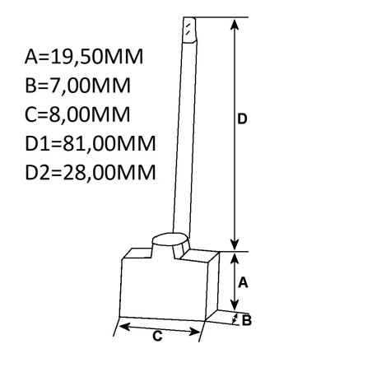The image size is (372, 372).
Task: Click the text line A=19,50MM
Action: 84,57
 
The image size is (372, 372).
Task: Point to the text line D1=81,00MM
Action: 91,144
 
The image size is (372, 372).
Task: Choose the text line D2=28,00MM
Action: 91,173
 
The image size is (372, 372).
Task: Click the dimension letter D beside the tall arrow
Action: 243,120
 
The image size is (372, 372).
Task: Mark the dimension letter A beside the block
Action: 243,282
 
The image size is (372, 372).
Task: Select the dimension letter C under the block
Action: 156,336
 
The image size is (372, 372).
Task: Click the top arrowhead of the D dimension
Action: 235,23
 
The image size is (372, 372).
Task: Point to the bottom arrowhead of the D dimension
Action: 235,244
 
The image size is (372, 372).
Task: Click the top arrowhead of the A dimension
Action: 235,257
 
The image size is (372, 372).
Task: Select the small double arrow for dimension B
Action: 236,318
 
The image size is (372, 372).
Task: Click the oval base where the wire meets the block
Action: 170,242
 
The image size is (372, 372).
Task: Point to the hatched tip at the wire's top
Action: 190,28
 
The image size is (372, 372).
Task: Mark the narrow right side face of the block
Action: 215,285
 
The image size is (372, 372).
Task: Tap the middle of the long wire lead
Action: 184,132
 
